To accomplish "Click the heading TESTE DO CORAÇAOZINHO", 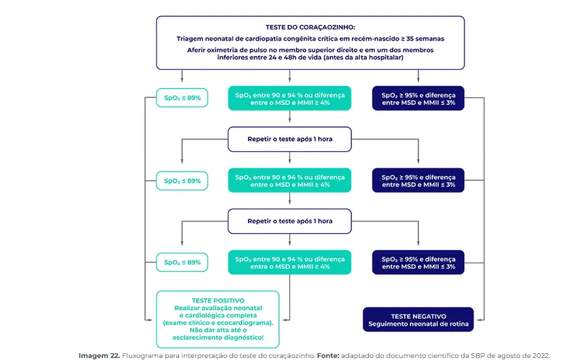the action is [x=311, y=27].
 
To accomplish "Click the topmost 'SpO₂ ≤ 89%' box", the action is [x=182, y=98].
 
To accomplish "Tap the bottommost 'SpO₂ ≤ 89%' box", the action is [x=182, y=262].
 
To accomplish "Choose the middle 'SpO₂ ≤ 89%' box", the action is [x=182, y=181].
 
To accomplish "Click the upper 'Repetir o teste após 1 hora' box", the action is [x=290, y=139].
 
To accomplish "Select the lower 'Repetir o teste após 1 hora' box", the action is [x=290, y=221].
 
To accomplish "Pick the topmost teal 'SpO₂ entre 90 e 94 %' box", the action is [x=290, y=98].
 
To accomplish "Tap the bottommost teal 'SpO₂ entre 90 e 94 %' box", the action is [x=290, y=262].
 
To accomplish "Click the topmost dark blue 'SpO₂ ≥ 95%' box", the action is [x=418, y=98].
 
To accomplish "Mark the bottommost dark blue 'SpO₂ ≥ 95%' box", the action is [x=418, y=262].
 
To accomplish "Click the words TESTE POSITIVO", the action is [x=218, y=301].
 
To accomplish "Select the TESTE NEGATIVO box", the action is [x=418, y=319].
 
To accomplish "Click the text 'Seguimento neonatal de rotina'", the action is [x=418, y=324].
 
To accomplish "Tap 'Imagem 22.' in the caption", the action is [x=100, y=355].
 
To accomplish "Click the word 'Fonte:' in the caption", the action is [x=328, y=355].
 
